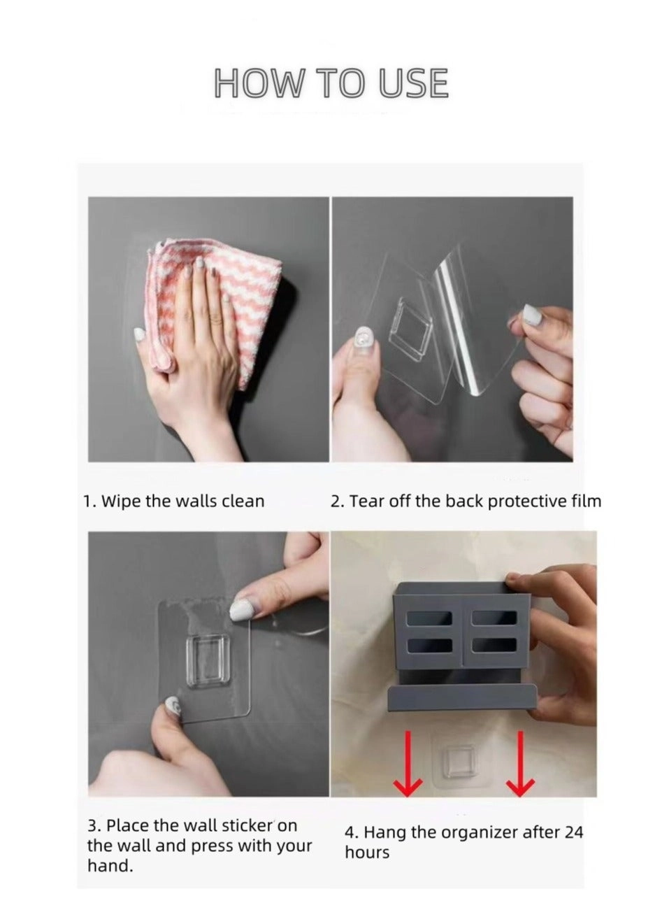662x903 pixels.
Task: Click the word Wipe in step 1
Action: pyautogui.click(x=121, y=501)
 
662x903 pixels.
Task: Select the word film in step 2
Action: pyautogui.click(x=586, y=501)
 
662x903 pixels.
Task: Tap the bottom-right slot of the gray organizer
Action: pyautogui.click(x=494, y=644)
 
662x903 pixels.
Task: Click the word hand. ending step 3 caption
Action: pyautogui.click(x=110, y=866)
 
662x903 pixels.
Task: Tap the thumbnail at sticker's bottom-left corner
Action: pyautogui.click(x=171, y=707)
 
